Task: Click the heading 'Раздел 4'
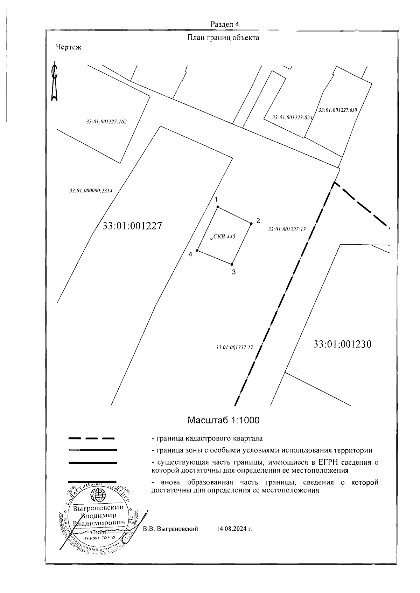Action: pyautogui.click(x=225, y=24)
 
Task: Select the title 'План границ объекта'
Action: pyautogui.click(x=223, y=38)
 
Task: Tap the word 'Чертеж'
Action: pyautogui.click(x=69, y=47)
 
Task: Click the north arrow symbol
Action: pyautogui.click(x=54, y=82)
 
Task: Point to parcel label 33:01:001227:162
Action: pyautogui.click(x=106, y=122)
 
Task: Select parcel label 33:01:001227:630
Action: pyautogui.click(x=337, y=110)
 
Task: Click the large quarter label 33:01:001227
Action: pyautogui.click(x=132, y=226)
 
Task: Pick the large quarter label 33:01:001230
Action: pyautogui.click(x=342, y=344)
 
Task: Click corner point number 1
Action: pyautogui.click(x=218, y=207)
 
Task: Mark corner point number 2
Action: pyautogui.click(x=251, y=223)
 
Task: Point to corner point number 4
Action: pyautogui.click(x=197, y=251)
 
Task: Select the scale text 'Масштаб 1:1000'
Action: pyautogui.click(x=223, y=420)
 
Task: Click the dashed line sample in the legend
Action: pyautogui.click(x=92, y=438)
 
